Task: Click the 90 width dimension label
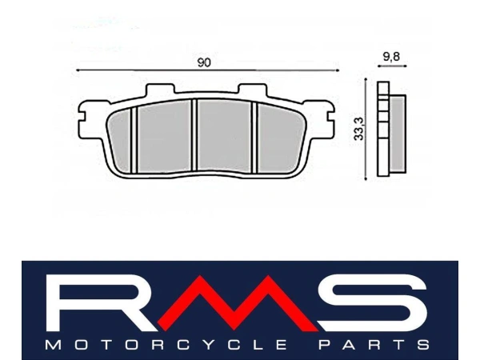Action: pyautogui.click(x=204, y=62)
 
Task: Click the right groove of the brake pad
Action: pyautogui.click(x=254, y=138)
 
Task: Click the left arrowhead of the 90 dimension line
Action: pyautogui.click(x=78, y=72)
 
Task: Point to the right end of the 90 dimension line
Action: pyautogui.click(x=331, y=72)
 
